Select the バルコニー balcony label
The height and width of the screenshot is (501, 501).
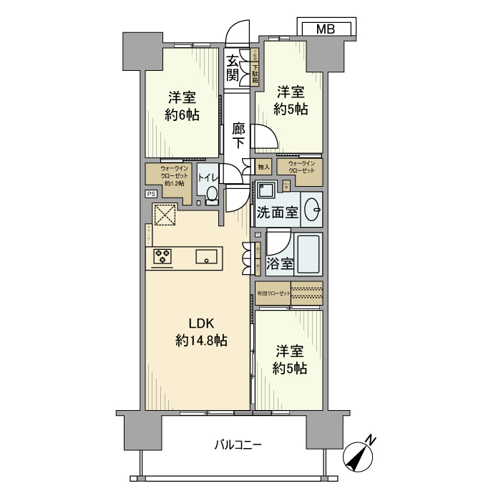238,444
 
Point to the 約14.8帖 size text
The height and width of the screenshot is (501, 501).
201,341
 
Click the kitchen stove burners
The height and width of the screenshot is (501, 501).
162,256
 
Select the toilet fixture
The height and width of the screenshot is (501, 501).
211,195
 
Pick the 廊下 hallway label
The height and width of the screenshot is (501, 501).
239,135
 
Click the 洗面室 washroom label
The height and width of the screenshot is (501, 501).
278,213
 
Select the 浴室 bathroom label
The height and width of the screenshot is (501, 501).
279,263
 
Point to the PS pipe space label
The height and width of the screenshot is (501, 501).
151,194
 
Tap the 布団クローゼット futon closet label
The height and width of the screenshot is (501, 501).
274,293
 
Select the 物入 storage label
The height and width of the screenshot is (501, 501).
263,167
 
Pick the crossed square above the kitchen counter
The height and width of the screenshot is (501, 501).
164,215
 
